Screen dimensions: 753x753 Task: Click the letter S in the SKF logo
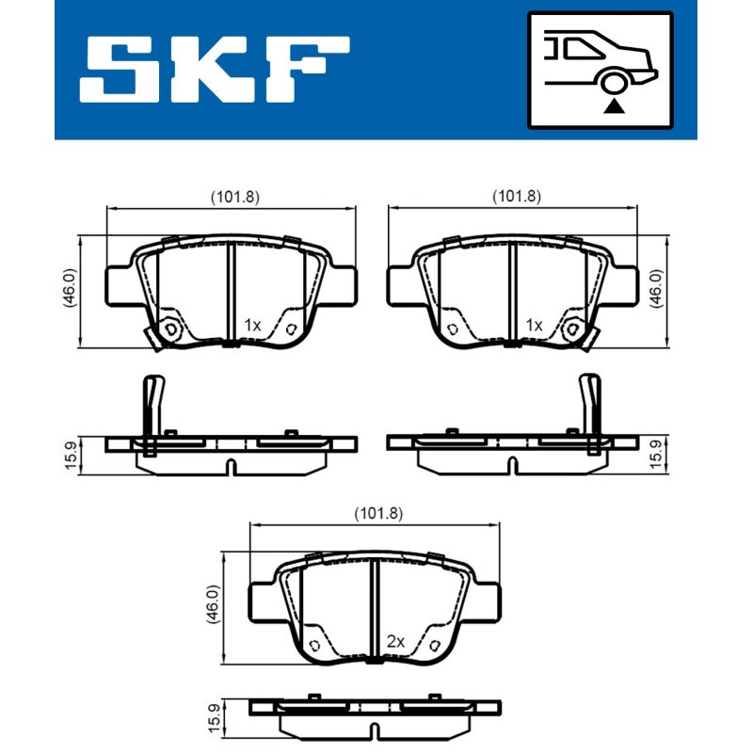120,69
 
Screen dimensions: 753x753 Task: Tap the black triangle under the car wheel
614,106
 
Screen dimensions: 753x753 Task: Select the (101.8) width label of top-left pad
235,197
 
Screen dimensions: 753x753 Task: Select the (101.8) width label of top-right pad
517,197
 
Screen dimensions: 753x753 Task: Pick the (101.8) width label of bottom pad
378,514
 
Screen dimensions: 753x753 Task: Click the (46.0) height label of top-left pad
70,288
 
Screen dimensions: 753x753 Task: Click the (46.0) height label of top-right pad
656,288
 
